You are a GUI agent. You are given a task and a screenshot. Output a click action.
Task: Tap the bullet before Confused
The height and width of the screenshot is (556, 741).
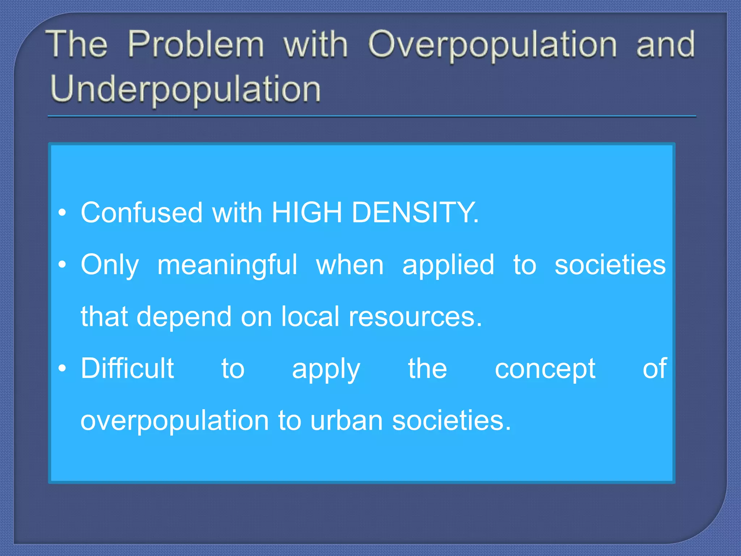pos(63,213)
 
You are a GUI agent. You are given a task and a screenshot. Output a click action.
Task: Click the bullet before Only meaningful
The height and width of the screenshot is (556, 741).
pos(63,265)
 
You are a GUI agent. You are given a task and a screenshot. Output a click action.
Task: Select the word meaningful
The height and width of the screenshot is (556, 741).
pos(227,265)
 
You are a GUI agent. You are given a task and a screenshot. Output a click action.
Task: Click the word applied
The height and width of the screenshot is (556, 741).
pos(448,265)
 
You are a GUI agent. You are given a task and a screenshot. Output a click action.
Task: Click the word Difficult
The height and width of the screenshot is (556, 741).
pos(127,368)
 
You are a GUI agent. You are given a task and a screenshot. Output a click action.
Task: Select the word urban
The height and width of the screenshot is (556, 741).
pos(346,420)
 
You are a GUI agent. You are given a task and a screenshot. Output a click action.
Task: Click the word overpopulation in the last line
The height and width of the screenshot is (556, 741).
pos(174,421)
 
